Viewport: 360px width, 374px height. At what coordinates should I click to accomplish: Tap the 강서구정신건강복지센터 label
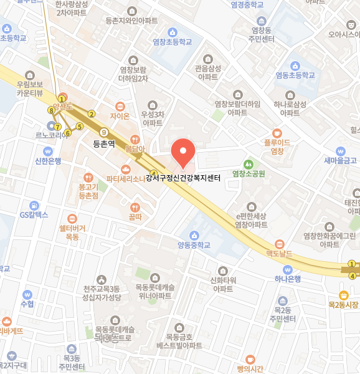[183, 178]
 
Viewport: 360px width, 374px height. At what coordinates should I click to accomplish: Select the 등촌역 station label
[105, 143]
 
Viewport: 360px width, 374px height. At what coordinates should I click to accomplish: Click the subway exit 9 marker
[103, 132]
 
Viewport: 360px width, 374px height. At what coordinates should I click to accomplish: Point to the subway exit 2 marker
[91, 113]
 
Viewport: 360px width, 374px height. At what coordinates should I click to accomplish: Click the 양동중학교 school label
[194, 244]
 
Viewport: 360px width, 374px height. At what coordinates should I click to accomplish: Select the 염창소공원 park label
[249, 173]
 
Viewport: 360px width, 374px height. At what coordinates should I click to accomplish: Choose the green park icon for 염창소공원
[249, 164]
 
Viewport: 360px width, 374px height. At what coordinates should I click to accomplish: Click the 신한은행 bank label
[48, 160]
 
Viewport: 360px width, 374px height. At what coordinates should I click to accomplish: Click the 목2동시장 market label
[343, 304]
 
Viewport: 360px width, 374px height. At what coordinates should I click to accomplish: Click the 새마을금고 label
[340, 160]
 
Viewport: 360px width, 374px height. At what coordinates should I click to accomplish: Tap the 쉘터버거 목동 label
[72, 232]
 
